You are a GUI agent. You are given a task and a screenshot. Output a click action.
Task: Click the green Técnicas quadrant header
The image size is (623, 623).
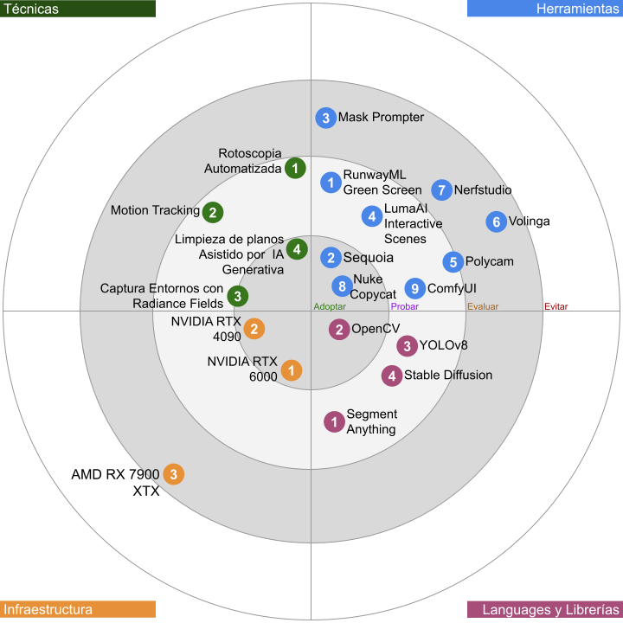(x=78, y=9)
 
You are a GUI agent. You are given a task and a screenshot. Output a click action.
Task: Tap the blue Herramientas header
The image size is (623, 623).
(x=545, y=9)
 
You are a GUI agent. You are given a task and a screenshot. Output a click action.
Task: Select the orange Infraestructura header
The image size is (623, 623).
(x=78, y=609)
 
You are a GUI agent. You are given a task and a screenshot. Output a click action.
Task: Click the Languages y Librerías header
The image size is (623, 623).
(x=545, y=609)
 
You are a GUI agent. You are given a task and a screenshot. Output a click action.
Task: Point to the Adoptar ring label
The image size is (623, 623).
(x=330, y=306)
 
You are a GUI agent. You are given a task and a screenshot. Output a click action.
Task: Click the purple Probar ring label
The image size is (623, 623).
(x=404, y=306)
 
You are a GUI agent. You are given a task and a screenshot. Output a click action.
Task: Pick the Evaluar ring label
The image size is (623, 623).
(x=483, y=306)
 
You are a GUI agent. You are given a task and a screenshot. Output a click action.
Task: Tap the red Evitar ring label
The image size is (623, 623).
(x=556, y=306)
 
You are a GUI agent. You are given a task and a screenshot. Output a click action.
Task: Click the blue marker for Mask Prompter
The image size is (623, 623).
(x=326, y=118)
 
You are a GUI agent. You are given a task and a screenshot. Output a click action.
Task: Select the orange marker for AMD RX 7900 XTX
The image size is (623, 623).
(x=174, y=474)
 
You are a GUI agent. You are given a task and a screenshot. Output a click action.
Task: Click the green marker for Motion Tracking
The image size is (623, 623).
(x=213, y=212)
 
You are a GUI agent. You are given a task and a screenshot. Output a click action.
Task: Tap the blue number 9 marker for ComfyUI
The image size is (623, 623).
(x=414, y=288)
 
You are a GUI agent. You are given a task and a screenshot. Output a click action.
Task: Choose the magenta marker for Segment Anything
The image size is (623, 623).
(x=334, y=421)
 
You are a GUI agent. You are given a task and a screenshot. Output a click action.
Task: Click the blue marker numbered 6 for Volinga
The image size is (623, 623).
(x=497, y=222)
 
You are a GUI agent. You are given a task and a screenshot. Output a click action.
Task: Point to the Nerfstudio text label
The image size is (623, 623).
(x=483, y=189)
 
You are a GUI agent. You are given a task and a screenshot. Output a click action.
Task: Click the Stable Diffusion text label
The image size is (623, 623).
(x=448, y=375)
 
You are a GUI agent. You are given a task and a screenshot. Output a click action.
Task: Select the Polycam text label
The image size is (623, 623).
(x=490, y=261)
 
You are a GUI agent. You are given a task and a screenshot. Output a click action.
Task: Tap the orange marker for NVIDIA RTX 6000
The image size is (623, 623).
(x=292, y=370)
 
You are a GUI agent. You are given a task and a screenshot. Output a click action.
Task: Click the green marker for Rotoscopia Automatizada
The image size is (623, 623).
(x=295, y=168)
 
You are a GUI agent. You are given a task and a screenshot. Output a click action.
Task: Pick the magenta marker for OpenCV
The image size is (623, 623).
(x=339, y=330)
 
